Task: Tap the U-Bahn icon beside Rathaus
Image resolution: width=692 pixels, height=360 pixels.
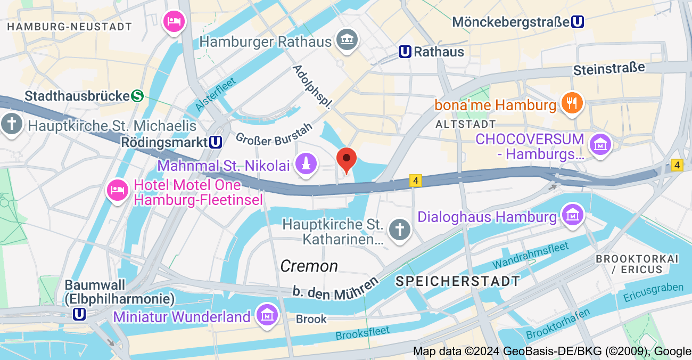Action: tap(405, 52)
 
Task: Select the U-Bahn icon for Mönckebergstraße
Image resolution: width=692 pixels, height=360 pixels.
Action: tap(577, 22)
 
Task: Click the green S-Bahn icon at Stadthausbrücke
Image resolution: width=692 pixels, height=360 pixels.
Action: tap(138, 96)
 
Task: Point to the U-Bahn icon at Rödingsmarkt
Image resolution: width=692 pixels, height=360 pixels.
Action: tap(216, 142)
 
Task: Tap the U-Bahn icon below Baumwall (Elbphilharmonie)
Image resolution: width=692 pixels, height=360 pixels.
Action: tap(79, 314)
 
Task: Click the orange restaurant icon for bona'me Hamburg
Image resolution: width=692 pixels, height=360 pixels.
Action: tap(573, 103)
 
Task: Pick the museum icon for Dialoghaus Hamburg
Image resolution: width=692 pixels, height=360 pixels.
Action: tap(572, 215)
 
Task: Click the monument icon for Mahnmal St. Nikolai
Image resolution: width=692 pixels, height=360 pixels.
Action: tap(306, 163)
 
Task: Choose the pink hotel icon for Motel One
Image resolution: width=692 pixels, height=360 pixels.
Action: tap(118, 190)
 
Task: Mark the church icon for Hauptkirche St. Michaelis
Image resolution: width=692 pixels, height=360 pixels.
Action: tap(11, 124)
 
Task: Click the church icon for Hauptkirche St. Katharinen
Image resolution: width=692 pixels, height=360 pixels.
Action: tap(399, 230)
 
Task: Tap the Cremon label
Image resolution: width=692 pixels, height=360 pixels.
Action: tap(309, 266)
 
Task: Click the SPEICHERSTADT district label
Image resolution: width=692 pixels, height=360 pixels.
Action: tap(457, 281)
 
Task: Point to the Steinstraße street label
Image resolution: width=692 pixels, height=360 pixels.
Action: tap(609, 69)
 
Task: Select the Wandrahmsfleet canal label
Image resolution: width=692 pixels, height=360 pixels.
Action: tap(530, 255)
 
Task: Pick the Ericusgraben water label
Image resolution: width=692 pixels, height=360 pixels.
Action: tap(653, 292)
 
